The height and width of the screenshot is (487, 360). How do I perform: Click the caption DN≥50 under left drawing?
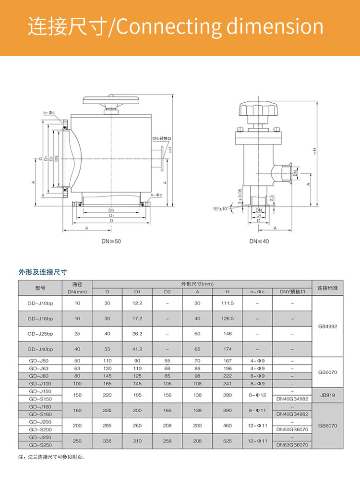pyautogui.click(x=111, y=241)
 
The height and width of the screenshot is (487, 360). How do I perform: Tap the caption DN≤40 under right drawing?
pyautogui.click(x=259, y=241)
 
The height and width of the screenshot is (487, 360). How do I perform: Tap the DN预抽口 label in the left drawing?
pyautogui.click(x=162, y=138)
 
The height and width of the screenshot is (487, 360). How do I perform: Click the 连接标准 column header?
pyautogui.click(x=328, y=288)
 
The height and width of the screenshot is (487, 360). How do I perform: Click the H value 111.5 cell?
pyautogui.click(x=227, y=303)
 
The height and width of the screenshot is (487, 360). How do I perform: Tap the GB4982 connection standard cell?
pyautogui.click(x=328, y=326)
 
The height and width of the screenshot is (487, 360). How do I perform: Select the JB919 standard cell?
pyautogui.click(x=328, y=395)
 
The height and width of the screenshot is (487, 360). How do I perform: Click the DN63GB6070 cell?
pyautogui.click(x=292, y=445)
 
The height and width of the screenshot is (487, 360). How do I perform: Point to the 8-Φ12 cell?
pyautogui.click(x=257, y=395)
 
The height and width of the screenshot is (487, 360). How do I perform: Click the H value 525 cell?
pyautogui.click(x=227, y=441)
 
